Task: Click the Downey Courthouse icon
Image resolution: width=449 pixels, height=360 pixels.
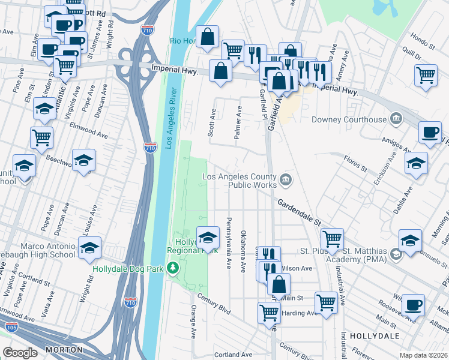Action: click(396, 119)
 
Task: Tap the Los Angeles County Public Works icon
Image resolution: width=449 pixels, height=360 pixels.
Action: click(286, 178)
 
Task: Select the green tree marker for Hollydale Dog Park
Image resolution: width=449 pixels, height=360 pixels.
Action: click(173, 268)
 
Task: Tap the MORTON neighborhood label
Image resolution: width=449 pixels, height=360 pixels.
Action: click(64, 349)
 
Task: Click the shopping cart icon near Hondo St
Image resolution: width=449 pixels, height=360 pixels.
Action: click(426, 75)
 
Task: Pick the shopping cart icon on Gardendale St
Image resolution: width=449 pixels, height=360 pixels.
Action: click(332, 238)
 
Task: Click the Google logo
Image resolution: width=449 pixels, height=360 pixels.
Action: click(20, 353)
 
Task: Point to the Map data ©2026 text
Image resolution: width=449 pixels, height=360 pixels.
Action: click(423, 355)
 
